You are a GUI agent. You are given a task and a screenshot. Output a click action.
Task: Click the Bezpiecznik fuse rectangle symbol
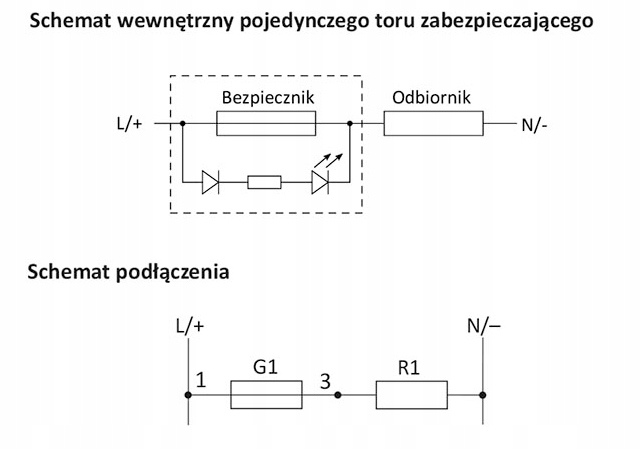click(x=266, y=123)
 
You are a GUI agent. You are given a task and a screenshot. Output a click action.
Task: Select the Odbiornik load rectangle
click(x=433, y=123)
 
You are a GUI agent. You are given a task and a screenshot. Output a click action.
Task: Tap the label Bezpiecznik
click(x=266, y=98)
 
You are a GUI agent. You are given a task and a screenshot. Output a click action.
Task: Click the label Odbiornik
click(x=432, y=98)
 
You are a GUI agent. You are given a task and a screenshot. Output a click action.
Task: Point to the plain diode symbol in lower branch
click(x=210, y=182)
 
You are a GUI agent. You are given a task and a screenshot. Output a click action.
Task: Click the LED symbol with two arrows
click(x=320, y=181)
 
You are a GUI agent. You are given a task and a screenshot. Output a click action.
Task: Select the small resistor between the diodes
click(x=264, y=182)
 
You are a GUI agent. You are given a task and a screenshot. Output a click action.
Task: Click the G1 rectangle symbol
click(x=267, y=395)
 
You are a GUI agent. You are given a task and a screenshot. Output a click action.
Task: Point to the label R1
click(x=411, y=367)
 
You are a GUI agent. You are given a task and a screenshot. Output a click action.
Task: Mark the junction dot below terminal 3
click(x=338, y=395)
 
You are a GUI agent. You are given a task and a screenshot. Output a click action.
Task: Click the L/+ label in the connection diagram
click(x=189, y=326)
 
